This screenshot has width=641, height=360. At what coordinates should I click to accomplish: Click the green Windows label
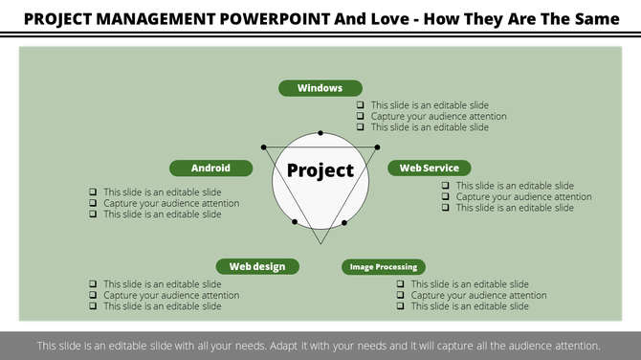click(320, 88)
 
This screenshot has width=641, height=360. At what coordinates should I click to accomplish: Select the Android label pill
click(210, 168)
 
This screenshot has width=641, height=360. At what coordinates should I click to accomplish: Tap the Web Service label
click(429, 168)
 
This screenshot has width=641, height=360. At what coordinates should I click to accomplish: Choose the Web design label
click(256, 266)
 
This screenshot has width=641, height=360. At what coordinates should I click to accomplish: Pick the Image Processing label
click(383, 267)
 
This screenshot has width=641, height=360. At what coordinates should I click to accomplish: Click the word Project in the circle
click(320, 171)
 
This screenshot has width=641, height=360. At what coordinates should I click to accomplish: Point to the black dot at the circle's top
click(320, 133)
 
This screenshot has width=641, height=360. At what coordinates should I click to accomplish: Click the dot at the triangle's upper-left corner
click(263, 146)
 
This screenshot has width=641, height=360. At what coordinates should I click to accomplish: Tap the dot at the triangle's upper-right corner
click(377, 146)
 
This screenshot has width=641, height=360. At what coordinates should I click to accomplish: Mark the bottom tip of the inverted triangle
click(321, 243)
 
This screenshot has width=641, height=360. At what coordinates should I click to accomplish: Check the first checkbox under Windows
click(361, 105)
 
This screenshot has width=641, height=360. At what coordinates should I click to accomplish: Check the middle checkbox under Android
click(93, 203)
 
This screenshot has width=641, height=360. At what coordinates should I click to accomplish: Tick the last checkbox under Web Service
click(446, 208)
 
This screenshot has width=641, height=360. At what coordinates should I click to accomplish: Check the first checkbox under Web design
click(93, 284)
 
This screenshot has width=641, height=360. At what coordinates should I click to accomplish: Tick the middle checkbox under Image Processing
click(400, 296)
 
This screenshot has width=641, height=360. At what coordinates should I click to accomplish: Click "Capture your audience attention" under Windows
click(438, 117)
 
